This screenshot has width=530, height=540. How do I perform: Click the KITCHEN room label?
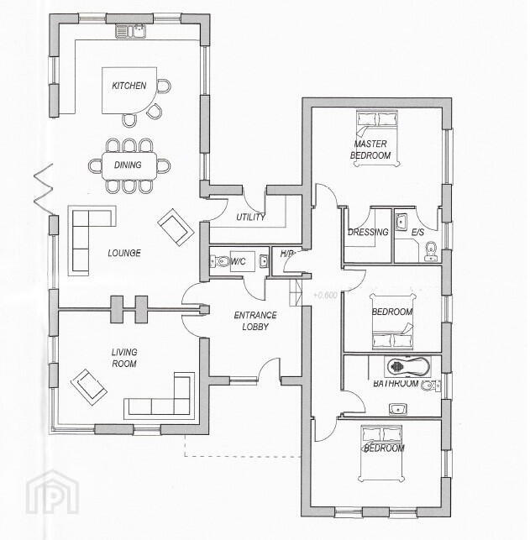[x=129, y=86]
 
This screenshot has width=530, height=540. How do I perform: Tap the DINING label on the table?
[x=128, y=165]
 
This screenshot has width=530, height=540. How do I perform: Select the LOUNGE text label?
[x=124, y=253]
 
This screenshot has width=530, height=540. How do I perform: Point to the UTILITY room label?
[x=250, y=217]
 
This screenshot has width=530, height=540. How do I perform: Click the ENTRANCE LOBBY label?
[x=255, y=321]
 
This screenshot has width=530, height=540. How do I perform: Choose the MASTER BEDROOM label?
[x=370, y=149]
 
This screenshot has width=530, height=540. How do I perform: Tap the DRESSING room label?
[x=368, y=232]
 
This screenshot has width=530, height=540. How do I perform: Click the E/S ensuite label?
[x=417, y=233]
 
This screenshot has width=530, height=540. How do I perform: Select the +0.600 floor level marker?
[x=325, y=295]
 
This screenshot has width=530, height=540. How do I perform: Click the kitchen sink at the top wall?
[x=130, y=30]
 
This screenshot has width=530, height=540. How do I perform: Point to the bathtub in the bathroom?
[x=407, y=366]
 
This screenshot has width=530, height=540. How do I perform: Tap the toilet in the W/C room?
[x=220, y=261]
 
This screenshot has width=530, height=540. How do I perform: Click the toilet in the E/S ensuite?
[x=430, y=251]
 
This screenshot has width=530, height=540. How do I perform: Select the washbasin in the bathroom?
[x=398, y=409]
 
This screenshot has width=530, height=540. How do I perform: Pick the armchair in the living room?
[x=89, y=386]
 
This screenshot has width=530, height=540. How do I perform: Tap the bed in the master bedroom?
[x=377, y=138]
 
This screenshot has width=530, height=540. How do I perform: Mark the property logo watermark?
[x=53, y=492]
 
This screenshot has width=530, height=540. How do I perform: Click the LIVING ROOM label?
[x=124, y=358]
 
